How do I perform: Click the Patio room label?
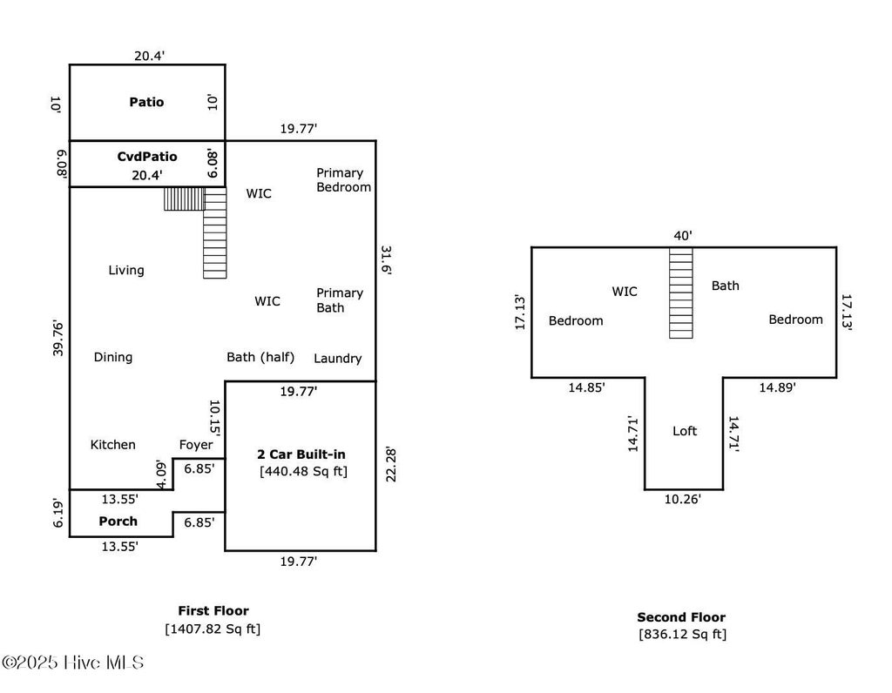click(146, 103)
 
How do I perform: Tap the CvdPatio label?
click(146, 157)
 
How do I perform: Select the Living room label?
click(126, 271)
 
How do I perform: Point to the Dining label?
click(113, 358)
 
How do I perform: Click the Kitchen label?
click(113, 445)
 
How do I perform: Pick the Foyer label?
click(196, 445)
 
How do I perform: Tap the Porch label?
click(118, 521)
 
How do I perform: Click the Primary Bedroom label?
click(343, 179)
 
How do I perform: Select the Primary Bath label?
click(340, 300)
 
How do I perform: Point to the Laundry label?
click(338, 359)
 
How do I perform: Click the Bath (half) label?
click(260, 357)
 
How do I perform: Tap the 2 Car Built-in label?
click(301, 454)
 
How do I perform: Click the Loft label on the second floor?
click(685, 431)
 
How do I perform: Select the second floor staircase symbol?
click(681, 293)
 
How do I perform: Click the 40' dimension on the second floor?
click(683, 235)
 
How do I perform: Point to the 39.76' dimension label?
click(58, 339)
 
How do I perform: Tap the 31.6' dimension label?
click(386, 260)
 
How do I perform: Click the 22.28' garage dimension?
click(390, 465)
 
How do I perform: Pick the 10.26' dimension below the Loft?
click(683, 500)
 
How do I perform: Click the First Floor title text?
click(213, 611)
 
